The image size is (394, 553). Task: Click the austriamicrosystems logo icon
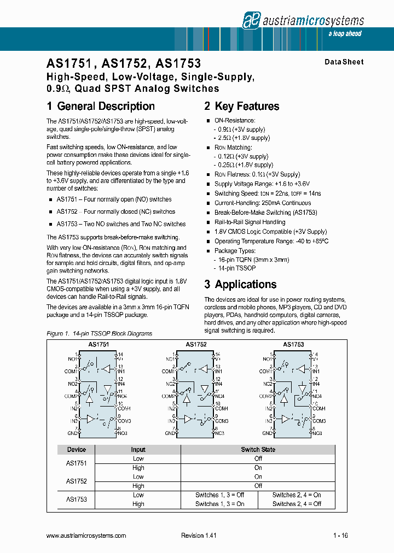click(252, 20)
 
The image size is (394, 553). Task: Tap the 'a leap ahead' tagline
click(345, 34)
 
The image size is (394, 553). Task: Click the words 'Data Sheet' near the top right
click(344, 62)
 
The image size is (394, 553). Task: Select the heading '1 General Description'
click(101, 107)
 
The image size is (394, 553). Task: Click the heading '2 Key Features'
click(241, 107)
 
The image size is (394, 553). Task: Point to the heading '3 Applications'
click(240, 284)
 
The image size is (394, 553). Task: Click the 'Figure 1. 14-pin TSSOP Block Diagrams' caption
click(99, 333)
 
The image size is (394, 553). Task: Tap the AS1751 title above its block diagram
click(98, 345)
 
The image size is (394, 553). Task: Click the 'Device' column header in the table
click(77, 450)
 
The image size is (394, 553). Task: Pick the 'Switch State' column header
click(258, 450)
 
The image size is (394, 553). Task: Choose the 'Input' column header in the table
click(138, 450)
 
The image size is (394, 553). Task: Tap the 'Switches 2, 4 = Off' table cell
click(297, 504)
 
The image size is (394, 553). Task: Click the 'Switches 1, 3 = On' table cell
click(219, 504)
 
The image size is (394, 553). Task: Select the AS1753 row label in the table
click(77, 499)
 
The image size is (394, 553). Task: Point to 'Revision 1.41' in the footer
click(199, 536)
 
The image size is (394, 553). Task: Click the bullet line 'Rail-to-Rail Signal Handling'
click(250, 222)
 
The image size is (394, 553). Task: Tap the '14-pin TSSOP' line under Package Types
click(237, 269)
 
